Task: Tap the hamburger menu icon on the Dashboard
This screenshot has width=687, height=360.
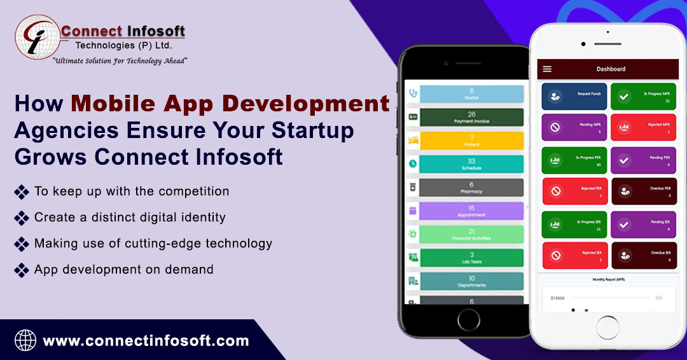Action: [547, 69]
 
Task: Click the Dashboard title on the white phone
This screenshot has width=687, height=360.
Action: [611, 69]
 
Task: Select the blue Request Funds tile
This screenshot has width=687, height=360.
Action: [574, 97]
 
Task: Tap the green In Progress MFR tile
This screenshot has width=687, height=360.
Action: [644, 97]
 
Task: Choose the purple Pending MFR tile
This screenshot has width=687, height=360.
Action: [574, 127]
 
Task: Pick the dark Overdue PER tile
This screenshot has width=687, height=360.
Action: [644, 191]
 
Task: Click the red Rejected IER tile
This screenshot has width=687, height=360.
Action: [574, 256]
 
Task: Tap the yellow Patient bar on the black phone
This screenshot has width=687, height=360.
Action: [471, 141]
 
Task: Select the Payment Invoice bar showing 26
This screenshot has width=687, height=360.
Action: [471, 117]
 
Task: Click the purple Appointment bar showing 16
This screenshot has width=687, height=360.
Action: [471, 211]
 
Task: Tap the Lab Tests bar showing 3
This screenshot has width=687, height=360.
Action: [471, 258]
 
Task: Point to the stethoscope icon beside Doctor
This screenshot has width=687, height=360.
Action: [412, 93]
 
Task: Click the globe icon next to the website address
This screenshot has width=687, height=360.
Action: [25, 340]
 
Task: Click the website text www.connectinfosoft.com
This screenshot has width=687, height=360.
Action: [146, 341]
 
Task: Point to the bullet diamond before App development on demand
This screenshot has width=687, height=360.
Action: [22, 270]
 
